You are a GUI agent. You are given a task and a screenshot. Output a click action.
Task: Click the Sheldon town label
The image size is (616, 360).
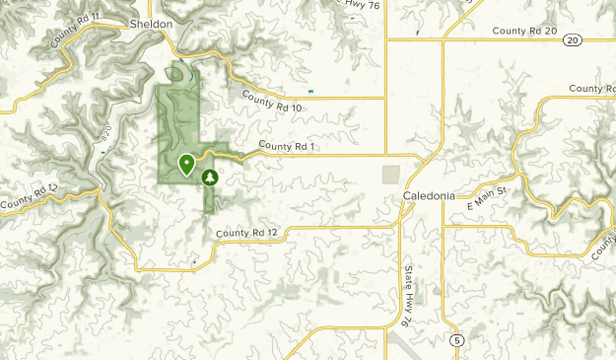click(x=151, y=23)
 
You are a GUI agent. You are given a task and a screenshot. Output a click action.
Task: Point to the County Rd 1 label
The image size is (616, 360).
click(x=286, y=147)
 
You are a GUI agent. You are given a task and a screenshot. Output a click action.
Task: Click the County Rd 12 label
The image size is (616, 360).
click(x=247, y=233)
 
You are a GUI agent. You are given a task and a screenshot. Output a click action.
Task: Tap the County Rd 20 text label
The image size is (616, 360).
click(x=524, y=32)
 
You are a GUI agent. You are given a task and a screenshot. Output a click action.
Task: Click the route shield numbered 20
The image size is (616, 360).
click(x=574, y=40)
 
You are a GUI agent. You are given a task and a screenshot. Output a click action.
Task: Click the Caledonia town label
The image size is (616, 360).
click(x=429, y=195)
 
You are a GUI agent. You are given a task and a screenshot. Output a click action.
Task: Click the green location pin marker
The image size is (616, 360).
click(x=185, y=164)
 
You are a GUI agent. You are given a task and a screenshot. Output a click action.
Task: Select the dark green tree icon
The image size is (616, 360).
click(x=209, y=178)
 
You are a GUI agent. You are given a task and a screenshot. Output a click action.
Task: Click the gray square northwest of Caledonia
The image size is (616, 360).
click(x=391, y=174)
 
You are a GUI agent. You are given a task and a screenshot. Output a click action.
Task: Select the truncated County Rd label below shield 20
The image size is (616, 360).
click(x=592, y=89)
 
